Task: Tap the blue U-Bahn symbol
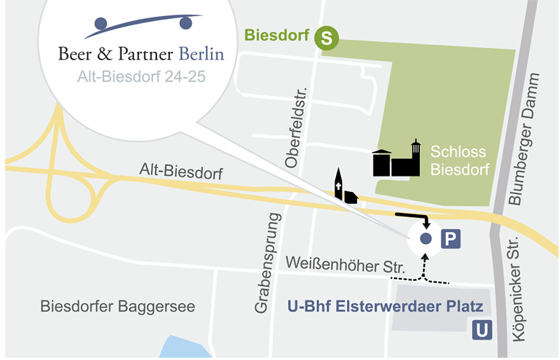click(x=482, y=328)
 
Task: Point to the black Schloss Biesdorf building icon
click(x=396, y=160)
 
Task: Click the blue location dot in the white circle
click(x=425, y=239)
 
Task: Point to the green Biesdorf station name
click(x=277, y=36)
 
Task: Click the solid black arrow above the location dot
click(x=414, y=217)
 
